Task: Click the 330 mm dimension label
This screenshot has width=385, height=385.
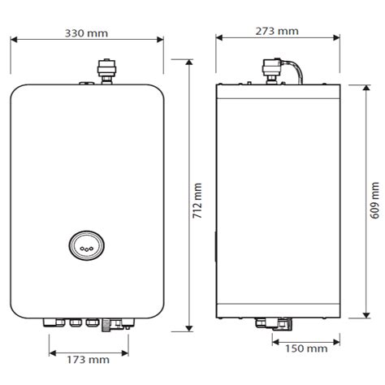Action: [x=86, y=33]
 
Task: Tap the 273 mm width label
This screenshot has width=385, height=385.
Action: [x=277, y=31]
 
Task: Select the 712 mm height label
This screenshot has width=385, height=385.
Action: [x=197, y=201]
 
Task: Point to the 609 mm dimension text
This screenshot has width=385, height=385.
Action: [x=374, y=201]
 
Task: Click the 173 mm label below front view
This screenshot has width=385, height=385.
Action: [x=89, y=360]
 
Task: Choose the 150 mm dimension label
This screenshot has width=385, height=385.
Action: [x=306, y=348]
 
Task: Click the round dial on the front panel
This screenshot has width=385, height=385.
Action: [x=87, y=244]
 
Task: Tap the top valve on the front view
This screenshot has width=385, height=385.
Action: [x=106, y=71]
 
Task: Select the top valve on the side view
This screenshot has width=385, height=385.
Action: [x=271, y=71]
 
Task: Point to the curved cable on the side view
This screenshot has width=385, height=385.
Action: [x=298, y=70]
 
